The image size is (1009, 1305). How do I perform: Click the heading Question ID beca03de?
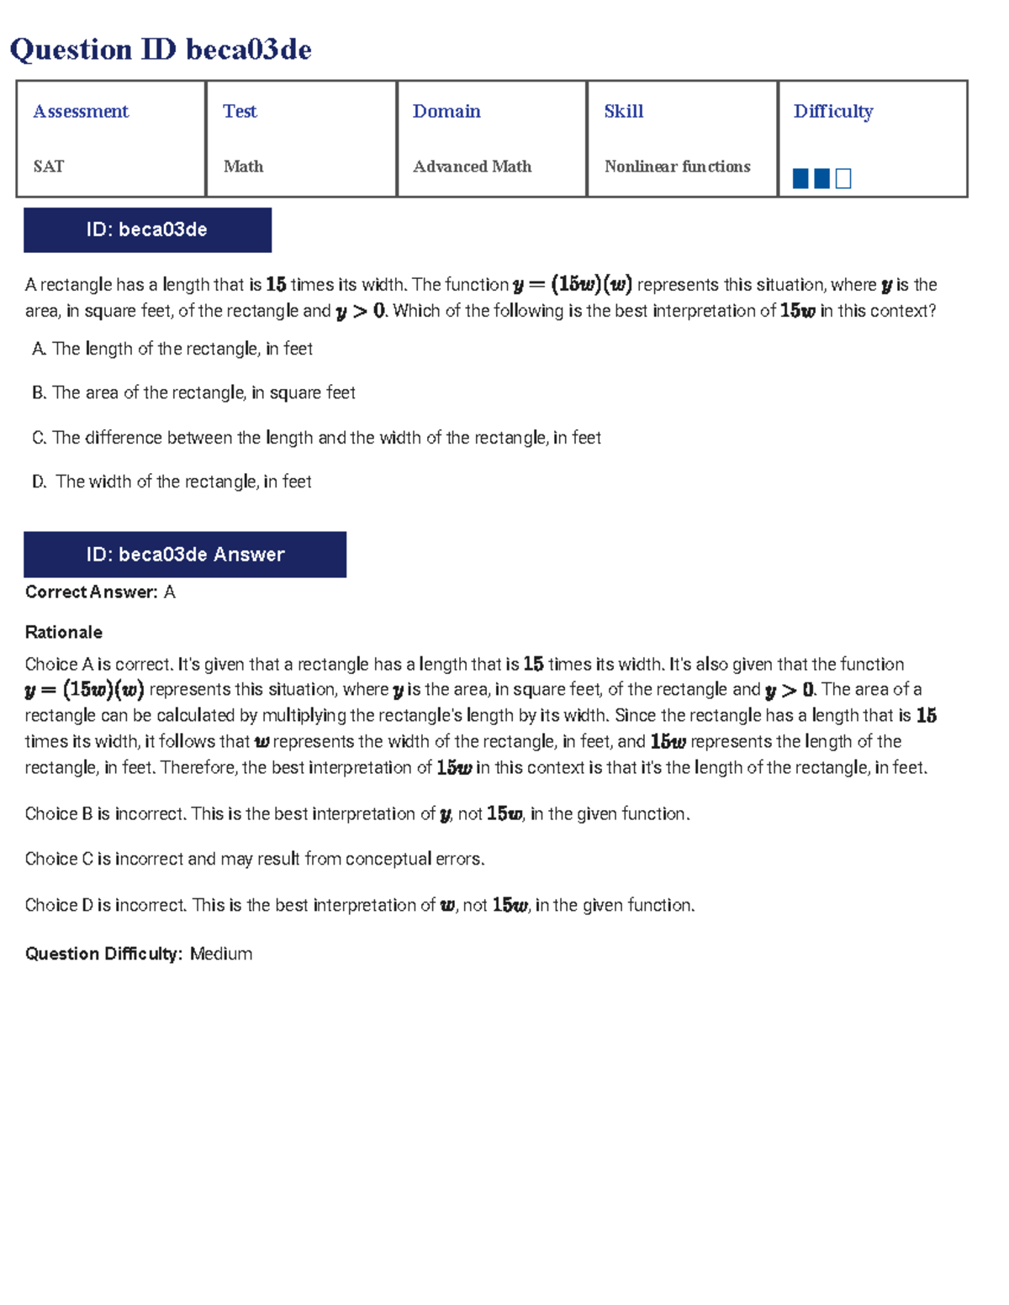click(x=160, y=50)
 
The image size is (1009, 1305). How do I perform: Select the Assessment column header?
click(x=81, y=111)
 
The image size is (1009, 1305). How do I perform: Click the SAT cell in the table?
click(x=49, y=166)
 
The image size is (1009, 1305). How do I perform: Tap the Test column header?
click(x=240, y=111)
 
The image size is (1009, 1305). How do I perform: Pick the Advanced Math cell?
click(x=472, y=166)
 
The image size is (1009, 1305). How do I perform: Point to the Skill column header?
click(x=623, y=111)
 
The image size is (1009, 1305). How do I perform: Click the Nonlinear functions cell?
click(x=677, y=166)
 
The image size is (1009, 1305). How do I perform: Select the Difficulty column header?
click(x=832, y=111)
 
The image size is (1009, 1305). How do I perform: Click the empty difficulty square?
click(x=843, y=178)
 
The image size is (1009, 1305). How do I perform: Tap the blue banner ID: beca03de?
click(x=147, y=229)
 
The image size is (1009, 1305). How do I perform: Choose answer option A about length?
click(x=172, y=349)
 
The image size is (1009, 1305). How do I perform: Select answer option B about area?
click(x=193, y=392)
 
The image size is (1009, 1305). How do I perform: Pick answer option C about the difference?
click(x=316, y=438)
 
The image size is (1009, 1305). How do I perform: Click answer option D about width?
click(x=172, y=481)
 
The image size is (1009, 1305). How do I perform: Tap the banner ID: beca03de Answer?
click(x=185, y=555)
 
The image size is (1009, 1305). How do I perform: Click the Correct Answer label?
click(x=91, y=592)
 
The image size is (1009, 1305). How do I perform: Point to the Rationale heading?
click(x=64, y=632)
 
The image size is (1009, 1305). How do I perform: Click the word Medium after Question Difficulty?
click(x=221, y=954)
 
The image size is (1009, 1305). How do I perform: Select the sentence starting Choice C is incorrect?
click(x=255, y=859)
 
